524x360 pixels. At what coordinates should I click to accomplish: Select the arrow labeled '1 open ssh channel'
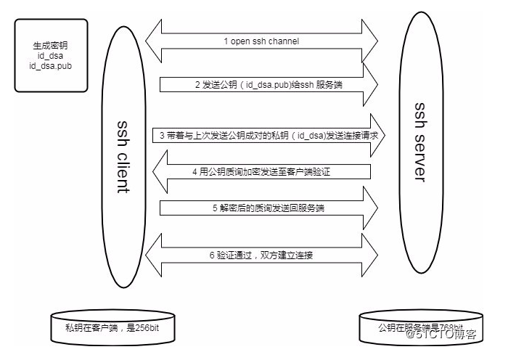(261, 41)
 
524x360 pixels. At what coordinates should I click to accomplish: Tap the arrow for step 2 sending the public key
(269, 84)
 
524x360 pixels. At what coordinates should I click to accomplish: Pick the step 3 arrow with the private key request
(269, 135)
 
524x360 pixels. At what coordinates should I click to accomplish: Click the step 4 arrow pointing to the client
(261, 172)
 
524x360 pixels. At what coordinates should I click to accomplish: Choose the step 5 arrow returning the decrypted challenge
(269, 208)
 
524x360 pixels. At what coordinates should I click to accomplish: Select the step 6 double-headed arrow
(261, 255)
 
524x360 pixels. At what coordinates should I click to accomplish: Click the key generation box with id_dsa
(46, 56)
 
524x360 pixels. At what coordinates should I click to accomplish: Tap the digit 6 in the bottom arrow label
(213, 255)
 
